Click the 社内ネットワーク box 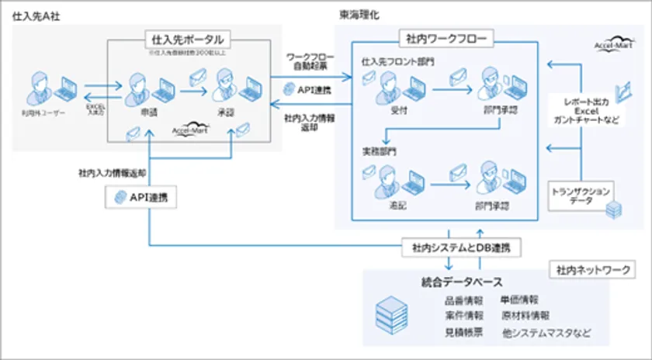[x=590, y=270]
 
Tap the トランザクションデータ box [x=581, y=195]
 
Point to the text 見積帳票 [x=464, y=333]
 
